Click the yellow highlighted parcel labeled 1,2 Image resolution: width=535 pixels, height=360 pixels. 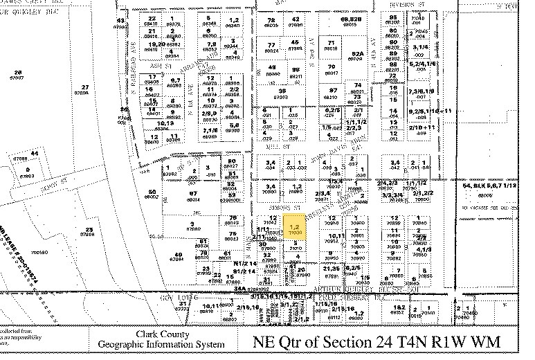295,229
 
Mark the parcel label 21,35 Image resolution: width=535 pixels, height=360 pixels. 331,269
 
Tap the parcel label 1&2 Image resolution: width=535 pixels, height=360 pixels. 401,307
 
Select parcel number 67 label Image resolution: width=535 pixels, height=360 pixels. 195,195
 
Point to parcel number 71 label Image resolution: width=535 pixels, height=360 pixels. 331,43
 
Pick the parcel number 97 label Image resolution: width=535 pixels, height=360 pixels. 333,91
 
